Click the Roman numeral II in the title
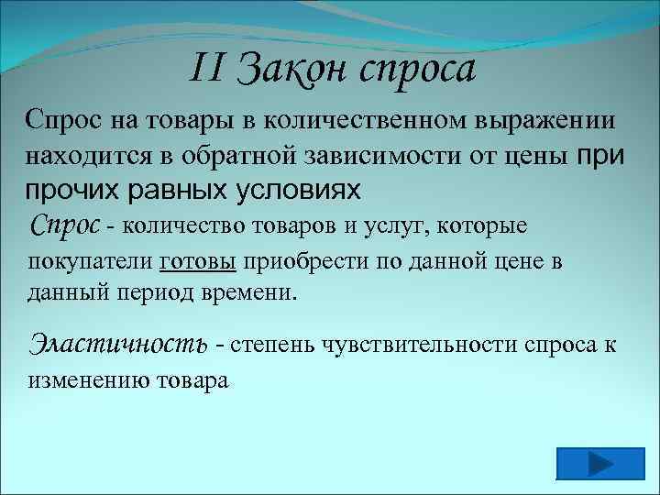pyautogui.click(x=209, y=69)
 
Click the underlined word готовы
pyautogui.click(x=198, y=261)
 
